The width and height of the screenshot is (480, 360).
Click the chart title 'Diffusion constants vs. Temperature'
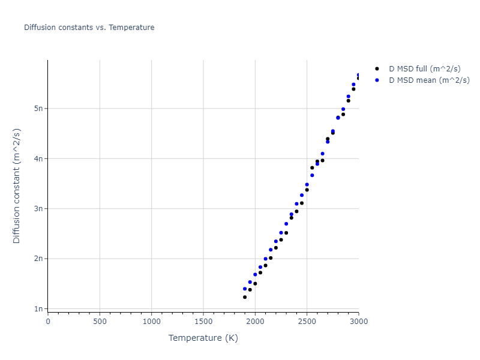[x=89, y=28]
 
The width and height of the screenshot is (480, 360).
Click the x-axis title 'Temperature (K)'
[x=203, y=338]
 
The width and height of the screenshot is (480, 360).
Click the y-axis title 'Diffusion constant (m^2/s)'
[x=17, y=185]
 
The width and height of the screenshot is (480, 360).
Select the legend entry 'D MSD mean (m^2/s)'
[x=429, y=80]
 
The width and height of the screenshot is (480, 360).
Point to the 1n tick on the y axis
[x=39, y=309]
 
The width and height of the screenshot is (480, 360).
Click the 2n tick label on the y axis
[x=39, y=259]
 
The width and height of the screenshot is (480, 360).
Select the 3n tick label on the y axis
[x=39, y=209]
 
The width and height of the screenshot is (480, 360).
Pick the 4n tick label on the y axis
[x=39, y=158]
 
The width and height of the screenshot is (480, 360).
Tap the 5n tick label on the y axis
[x=39, y=109]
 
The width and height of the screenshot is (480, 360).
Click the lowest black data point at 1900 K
[x=245, y=297]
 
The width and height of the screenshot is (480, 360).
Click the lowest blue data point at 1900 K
[x=245, y=289]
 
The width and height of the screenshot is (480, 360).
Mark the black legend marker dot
[x=377, y=68]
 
